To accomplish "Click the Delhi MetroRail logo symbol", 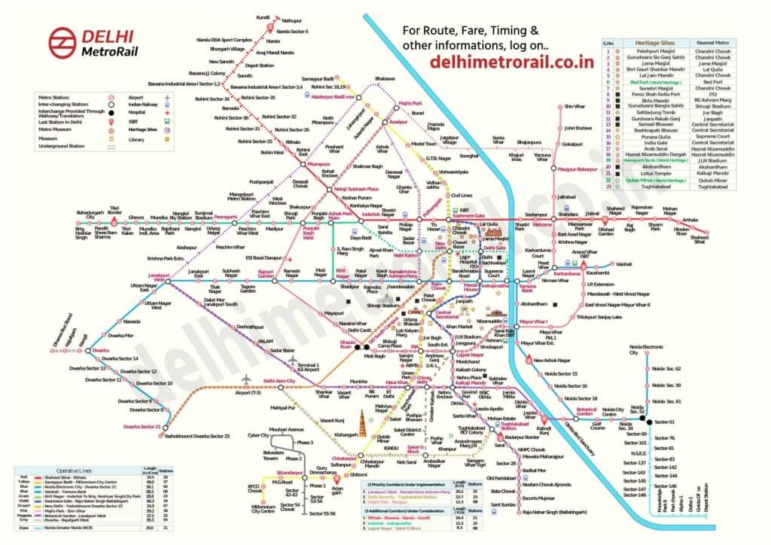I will pyautogui.click(x=62, y=43).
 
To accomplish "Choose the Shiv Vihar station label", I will pyautogui.click(x=574, y=108).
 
